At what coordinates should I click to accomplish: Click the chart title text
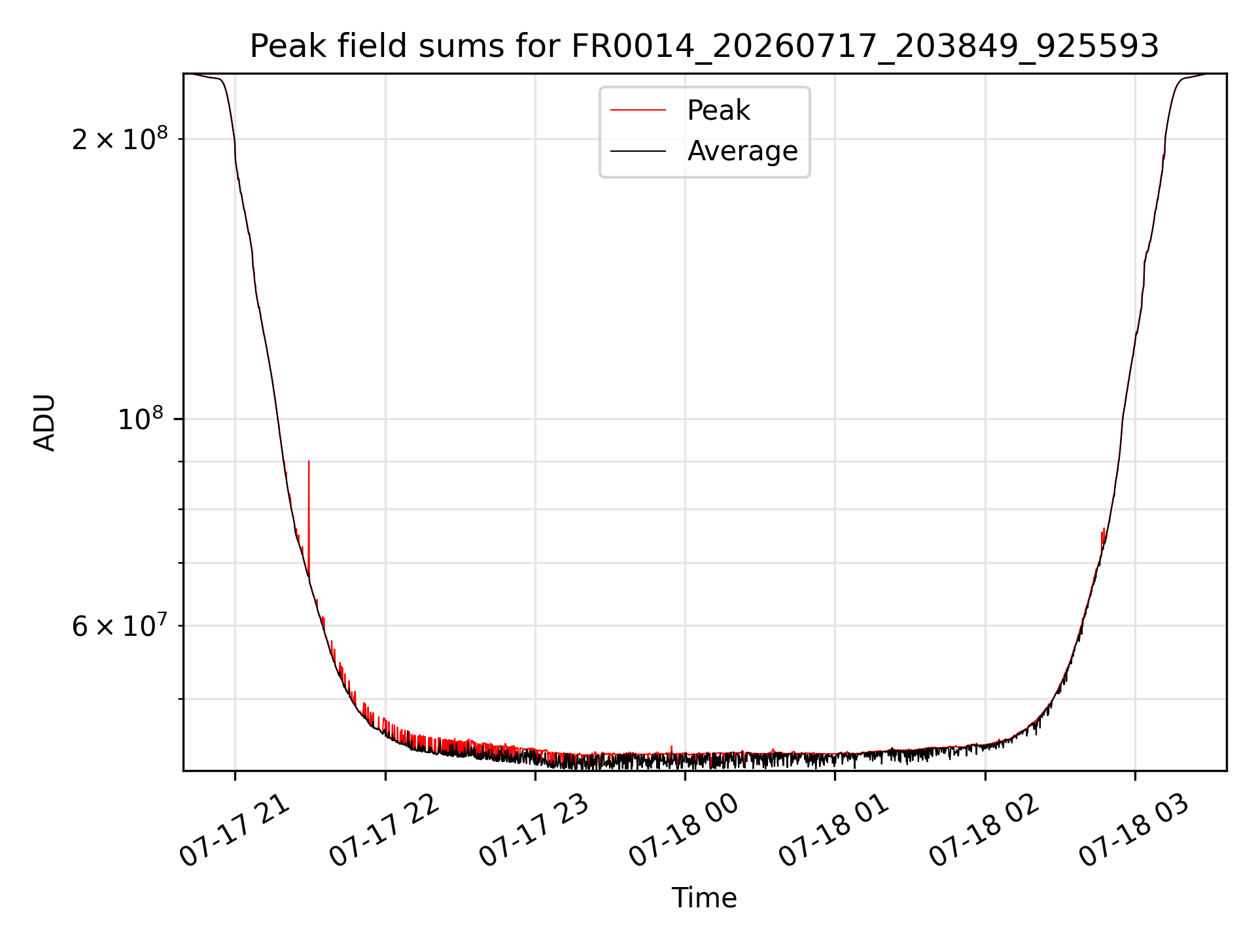point(705,46)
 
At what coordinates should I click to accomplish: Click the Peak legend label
point(718,111)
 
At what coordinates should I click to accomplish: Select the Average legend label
point(742,151)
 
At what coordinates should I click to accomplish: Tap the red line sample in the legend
point(638,111)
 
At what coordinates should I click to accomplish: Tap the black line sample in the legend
point(638,151)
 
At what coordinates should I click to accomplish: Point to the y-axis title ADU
point(44,422)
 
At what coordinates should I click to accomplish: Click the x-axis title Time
point(705,898)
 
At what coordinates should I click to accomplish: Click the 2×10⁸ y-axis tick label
point(120,138)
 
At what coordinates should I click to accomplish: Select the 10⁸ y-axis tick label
point(143,419)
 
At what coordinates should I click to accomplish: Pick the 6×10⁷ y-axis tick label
point(120,625)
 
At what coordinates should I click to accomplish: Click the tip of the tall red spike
point(309,461)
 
